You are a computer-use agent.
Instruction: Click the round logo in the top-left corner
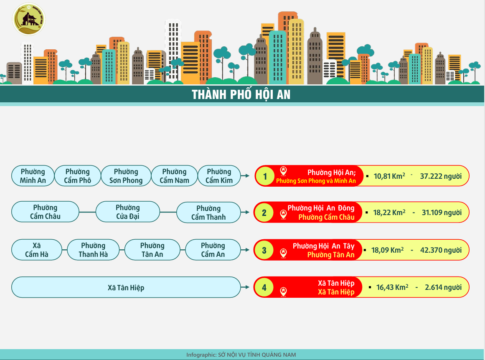[x=29, y=19]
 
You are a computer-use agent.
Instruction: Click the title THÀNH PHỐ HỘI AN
[x=241, y=95]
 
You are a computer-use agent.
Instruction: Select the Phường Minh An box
[x=33, y=176]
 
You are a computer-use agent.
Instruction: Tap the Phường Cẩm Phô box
[x=78, y=176]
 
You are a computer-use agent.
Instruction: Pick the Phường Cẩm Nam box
[x=175, y=176]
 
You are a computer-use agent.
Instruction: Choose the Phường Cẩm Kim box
[x=219, y=176]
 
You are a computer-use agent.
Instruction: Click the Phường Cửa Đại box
[x=128, y=212]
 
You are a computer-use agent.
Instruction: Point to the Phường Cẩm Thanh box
[x=208, y=213]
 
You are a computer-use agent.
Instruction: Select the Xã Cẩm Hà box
[x=37, y=250]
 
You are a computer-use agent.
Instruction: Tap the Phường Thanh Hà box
[x=93, y=250]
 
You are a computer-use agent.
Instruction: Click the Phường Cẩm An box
[x=213, y=250]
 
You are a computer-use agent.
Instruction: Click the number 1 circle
[x=265, y=176]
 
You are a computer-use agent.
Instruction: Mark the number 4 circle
[x=264, y=287]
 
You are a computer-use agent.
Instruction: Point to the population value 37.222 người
[x=441, y=176]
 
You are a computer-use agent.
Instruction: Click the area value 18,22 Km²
[x=389, y=213]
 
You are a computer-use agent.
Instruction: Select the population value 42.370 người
[x=441, y=250]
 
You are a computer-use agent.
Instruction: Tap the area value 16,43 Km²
[x=392, y=287]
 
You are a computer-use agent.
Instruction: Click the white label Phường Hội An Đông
[x=321, y=208]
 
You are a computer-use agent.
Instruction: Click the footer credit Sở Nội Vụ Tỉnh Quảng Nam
[x=257, y=355]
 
